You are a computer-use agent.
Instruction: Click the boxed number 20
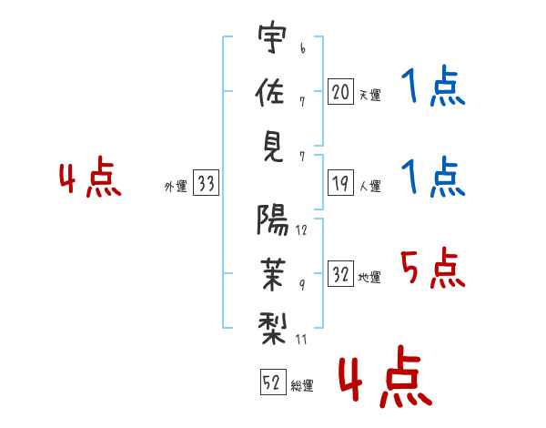coord(340,91)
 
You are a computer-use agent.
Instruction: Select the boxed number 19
coord(340,184)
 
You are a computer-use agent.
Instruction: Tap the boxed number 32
coord(340,275)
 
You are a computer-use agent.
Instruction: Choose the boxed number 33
coord(206,184)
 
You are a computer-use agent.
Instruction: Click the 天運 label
coord(369,95)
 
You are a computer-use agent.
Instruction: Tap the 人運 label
coord(369,187)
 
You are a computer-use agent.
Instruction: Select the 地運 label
coord(369,278)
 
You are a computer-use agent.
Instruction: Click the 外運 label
coord(175,187)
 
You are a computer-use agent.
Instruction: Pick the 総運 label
coord(302,386)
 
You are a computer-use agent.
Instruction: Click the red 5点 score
coord(432,269)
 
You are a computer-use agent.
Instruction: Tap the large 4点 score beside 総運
coord(383,381)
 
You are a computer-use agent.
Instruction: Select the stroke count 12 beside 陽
coord(301,229)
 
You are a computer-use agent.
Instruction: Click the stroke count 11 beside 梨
coord(301,339)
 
